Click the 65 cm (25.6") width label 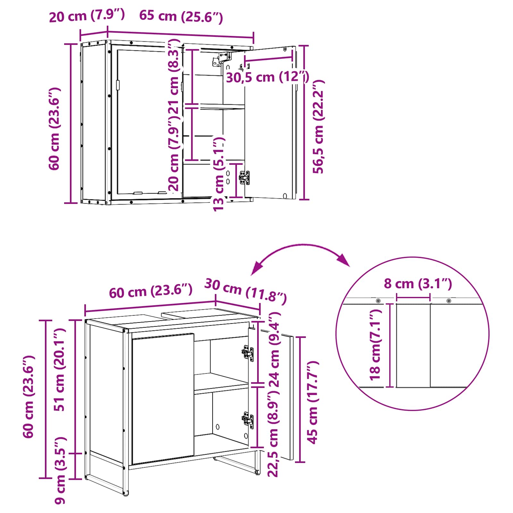pos(181,17)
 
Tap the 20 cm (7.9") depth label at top pos(87,16)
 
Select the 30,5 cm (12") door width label pos(267,77)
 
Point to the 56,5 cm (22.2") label pos(319,127)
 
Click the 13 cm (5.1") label pos(219,174)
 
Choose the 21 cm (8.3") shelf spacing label pos(174,77)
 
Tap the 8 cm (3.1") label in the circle pos(418,284)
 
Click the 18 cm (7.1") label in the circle pos(375,345)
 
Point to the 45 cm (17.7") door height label pos(313,402)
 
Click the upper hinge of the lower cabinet pos(248,353)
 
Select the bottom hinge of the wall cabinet pos(244,178)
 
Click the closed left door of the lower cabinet pos(163,399)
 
